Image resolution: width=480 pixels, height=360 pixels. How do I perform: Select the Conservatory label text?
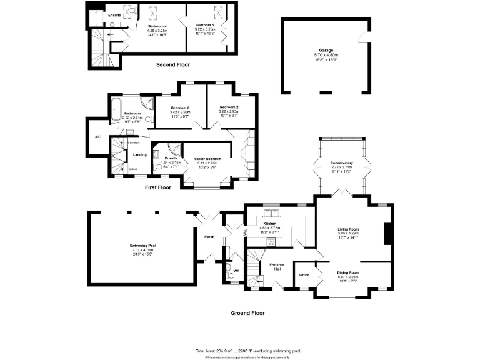coord(342,163)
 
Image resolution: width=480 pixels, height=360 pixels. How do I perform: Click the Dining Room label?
coord(348,272)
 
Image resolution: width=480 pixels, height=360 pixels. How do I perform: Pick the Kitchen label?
coord(270,223)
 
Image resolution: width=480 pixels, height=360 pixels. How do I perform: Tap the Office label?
coord(304,274)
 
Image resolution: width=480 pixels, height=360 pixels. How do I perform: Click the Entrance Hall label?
coord(277,267)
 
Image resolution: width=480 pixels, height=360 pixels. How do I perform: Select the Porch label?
coord(209,236)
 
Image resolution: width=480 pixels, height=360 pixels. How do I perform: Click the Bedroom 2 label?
coord(229,107)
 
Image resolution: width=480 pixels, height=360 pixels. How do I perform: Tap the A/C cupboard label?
coord(98,136)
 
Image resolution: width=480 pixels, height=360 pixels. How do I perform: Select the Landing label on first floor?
coord(140,155)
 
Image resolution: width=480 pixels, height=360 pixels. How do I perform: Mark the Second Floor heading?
coord(173,64)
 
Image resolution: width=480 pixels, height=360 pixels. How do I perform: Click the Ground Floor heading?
coord(248,312)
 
